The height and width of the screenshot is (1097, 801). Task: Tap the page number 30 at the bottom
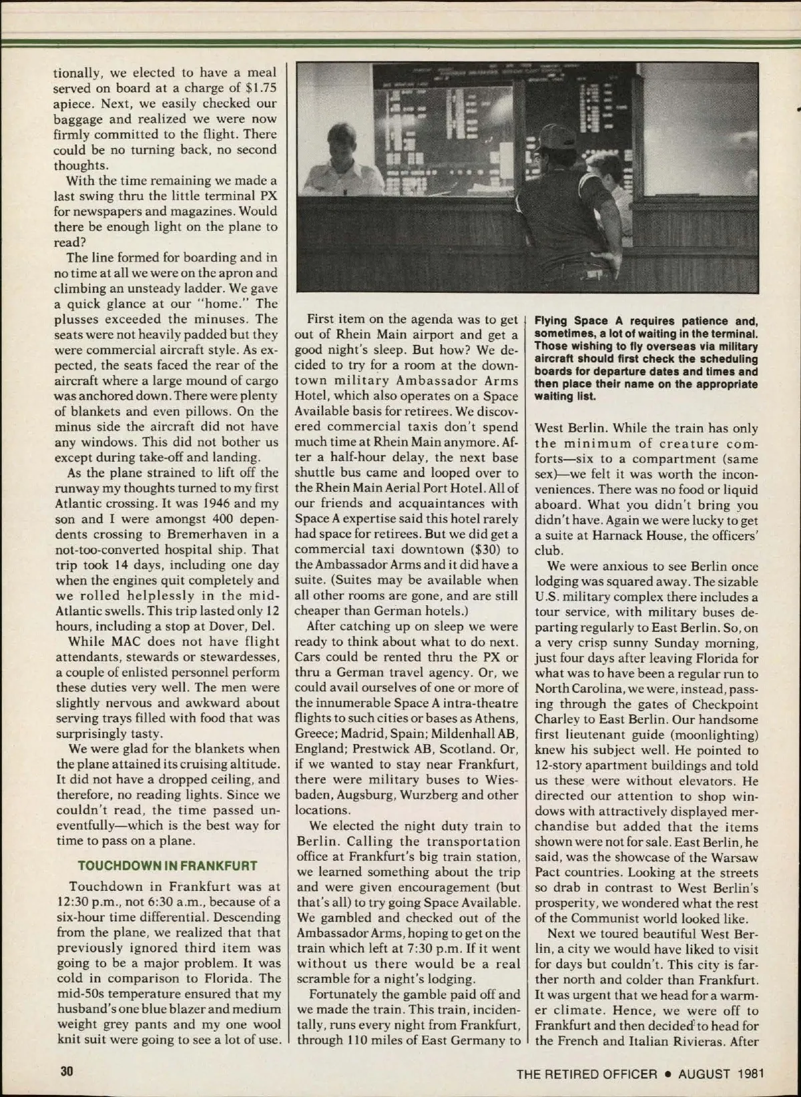[66, 1072]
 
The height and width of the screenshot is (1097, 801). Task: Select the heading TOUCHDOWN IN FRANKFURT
[168, 866]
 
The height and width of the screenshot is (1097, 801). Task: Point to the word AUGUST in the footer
[704, 1074]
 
